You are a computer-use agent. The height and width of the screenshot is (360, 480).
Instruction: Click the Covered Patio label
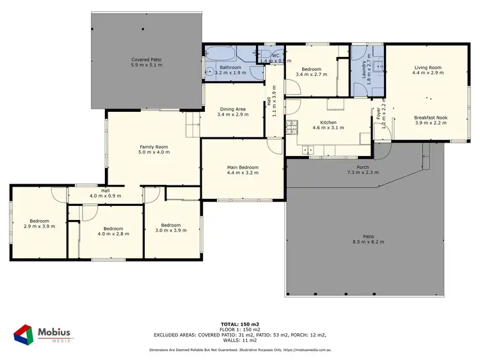(147, 59)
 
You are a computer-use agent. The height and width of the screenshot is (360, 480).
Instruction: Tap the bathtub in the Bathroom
(221, 53)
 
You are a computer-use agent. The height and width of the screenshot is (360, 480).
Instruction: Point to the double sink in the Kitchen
(307, 151)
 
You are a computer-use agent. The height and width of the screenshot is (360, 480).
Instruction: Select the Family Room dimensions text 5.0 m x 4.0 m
(154, 152)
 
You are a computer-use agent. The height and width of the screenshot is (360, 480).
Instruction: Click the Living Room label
(428, 67)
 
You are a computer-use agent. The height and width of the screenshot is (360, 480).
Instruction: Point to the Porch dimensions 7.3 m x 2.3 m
(363, 173)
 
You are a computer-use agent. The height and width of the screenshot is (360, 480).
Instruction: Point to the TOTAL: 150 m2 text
(240, 325)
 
